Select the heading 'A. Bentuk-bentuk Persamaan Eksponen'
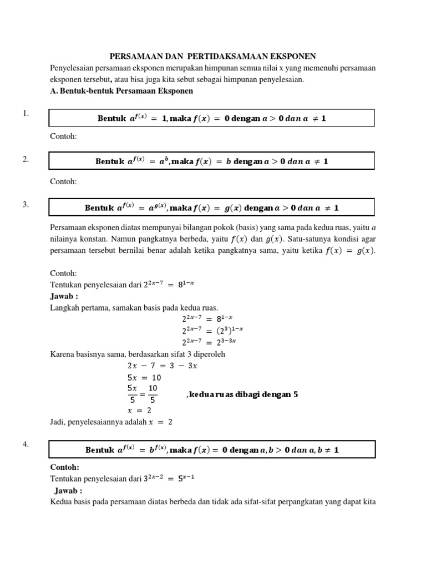tap(121, 90)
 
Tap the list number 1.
tap(26, 114)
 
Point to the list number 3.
tap(26, 205)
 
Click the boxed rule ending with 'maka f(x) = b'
tap(212, 161)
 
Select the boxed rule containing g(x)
tap(212, 207)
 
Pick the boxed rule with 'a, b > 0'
tap(212, 449)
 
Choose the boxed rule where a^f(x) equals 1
tap(212, 118)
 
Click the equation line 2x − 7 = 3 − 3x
tap(162, 366)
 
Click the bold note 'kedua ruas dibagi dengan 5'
tap(243, 394)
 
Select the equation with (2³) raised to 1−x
tap(212, 331)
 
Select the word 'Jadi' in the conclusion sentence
tap(58, 422)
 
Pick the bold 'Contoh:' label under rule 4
tap(64, 467)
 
